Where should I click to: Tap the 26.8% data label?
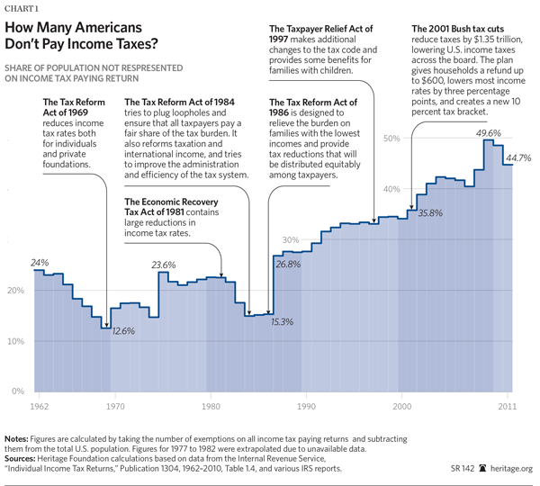287,265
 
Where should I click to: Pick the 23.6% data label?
163,265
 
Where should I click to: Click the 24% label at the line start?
40,263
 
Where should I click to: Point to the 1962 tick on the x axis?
40,408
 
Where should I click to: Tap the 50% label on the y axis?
391,138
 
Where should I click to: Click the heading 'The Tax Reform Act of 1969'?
77,109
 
